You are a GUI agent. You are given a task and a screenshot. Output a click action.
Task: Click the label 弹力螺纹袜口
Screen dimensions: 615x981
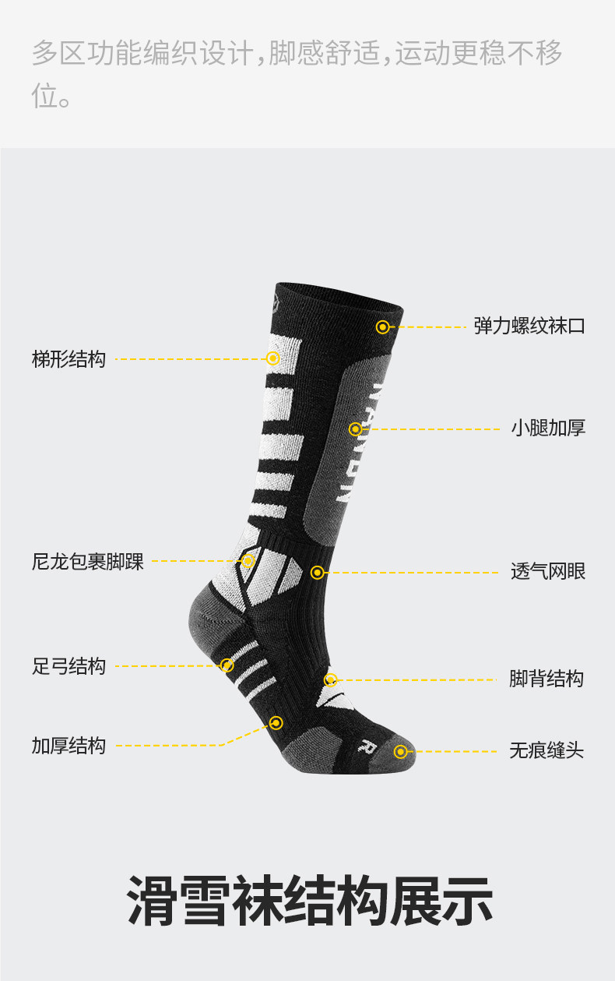pos(529,326)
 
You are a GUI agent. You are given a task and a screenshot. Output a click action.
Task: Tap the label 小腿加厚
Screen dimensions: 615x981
pos(548,428)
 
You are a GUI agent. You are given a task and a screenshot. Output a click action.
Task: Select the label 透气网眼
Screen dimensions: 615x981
pos(548,571)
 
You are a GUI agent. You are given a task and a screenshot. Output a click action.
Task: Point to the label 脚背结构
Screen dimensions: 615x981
pos(546,679)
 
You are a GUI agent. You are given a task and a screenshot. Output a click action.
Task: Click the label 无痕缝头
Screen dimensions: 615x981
pos(546,750)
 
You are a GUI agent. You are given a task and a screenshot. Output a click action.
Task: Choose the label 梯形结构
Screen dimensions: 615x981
pos(69,359)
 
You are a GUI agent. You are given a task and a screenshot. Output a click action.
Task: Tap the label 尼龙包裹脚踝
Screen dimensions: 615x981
pos(88,561)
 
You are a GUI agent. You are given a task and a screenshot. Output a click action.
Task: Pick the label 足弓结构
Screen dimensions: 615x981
pos(69,666)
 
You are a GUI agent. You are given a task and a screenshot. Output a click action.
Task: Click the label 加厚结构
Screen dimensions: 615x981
pos(69,746)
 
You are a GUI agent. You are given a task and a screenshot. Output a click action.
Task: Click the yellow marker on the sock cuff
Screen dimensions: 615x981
pos(382,327)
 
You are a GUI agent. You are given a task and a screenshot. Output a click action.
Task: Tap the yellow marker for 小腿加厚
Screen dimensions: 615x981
pos(356,429)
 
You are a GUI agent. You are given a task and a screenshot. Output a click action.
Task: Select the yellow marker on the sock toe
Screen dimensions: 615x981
pos(400,752)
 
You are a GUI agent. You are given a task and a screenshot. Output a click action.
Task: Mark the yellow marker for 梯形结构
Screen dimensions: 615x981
pos(272,358)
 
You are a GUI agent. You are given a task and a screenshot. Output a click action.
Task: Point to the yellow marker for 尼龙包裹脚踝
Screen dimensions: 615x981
pos(248,561)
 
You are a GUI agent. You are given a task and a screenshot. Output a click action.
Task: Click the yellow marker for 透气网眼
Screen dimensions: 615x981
pos(317,573)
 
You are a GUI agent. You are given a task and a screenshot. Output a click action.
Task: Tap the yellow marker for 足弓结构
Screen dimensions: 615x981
pos(227,665)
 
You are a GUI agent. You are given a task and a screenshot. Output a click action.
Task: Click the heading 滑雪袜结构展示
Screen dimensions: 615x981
pos(309,901)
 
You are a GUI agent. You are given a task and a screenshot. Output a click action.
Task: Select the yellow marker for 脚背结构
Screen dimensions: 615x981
pos(330,680)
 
